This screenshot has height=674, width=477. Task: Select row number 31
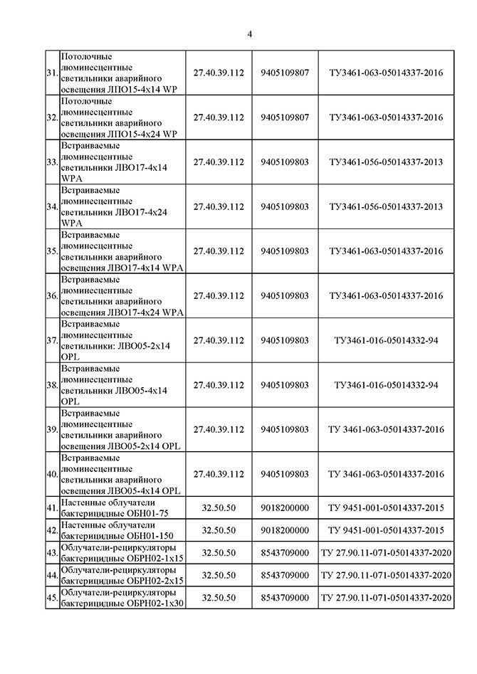[51, 73]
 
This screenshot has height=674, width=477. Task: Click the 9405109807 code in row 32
[285, 117]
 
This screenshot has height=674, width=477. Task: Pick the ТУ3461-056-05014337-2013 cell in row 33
[386, 162]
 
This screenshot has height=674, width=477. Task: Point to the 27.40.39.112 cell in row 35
[219, 251]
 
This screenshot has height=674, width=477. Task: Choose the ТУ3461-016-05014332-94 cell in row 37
[386, 340]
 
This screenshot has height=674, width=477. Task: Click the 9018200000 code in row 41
[285, 507]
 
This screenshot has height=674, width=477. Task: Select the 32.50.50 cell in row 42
[219, 530]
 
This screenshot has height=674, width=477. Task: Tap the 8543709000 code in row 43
[285, 552]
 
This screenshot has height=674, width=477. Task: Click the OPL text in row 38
[71, 401]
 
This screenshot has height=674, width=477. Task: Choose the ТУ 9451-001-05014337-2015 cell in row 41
[386, 507]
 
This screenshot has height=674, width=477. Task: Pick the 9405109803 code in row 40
[285, 474]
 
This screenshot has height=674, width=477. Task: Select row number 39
[51, 430]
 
